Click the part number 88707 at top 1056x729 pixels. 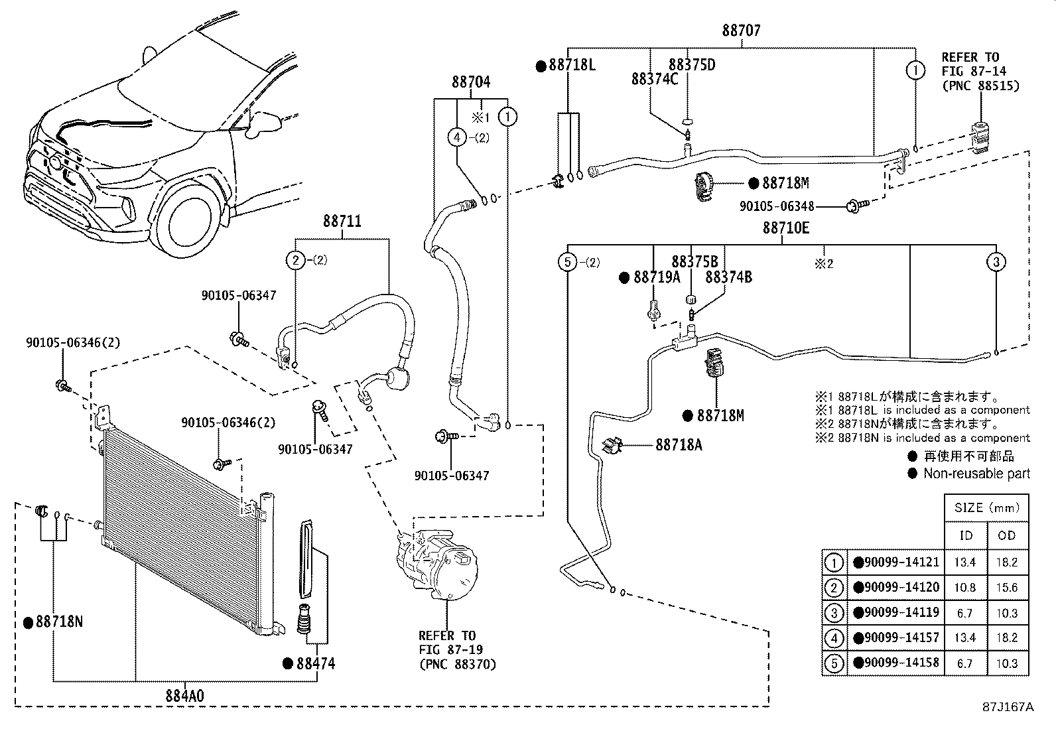[x=741, y=31]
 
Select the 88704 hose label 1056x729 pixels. [x=471, y=82]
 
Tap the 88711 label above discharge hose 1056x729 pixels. [x=342, y=221]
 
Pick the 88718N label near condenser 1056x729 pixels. [x=59, y=622]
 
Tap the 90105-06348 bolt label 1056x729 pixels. [x=777, y=207]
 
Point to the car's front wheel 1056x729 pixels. [x=188, y=222]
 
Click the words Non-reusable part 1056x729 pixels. [x=976, y=474]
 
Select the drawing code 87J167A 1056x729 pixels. [x=1008, y=707]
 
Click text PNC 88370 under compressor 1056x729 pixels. [x=457, y=663]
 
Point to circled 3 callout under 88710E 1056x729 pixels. [x=996, y=262]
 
